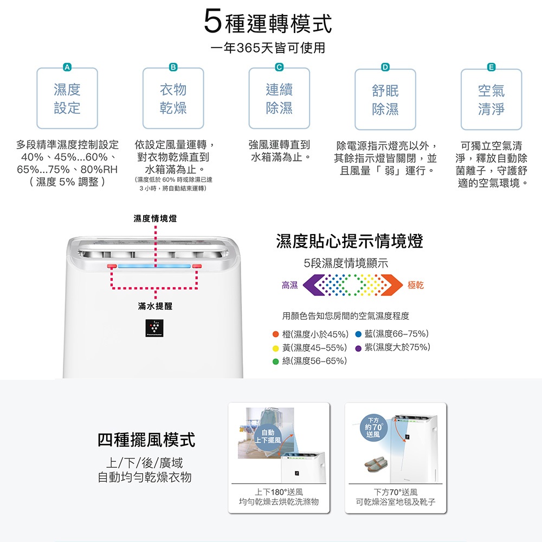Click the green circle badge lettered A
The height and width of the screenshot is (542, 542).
pos(67,67)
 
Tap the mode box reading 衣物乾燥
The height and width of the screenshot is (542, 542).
pos(173,99)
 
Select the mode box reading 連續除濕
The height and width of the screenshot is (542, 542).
pos(279,99)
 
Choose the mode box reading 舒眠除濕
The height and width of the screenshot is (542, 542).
pos(385,100)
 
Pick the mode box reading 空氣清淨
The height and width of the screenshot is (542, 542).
pos(491,100)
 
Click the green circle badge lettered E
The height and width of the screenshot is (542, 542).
pos(491,67)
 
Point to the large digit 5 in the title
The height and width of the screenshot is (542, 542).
pos(212,21)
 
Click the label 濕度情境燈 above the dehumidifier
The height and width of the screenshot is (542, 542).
pos(155,218)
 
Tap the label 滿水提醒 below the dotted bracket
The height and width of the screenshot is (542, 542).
pos(155,306)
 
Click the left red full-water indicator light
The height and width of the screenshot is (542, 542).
pos(112,266)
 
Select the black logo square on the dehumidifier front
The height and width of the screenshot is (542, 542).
pos(154,328)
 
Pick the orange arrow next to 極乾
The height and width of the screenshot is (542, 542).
pos(392,285)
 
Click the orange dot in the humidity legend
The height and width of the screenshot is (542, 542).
pos(275,334)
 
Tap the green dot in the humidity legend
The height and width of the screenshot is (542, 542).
pos(275,362)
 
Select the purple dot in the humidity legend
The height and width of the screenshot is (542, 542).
pos(358,349)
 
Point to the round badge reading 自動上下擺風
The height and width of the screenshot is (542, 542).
pos(268,437)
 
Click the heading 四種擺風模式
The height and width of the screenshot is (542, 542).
pos(146,440)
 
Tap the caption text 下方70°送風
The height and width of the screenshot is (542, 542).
pos(396,492)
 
